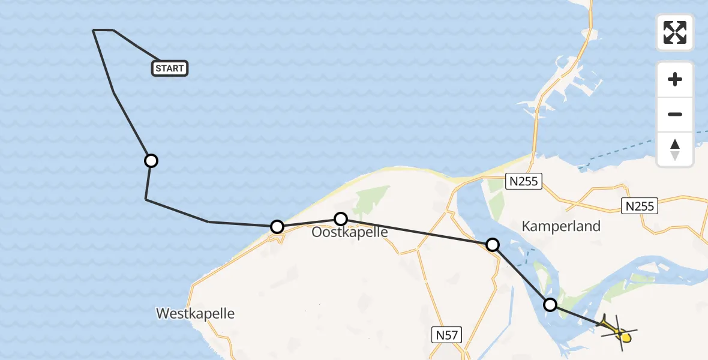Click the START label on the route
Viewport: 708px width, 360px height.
pyautogui.click(x=170, y=68)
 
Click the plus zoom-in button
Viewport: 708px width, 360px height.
pyautogui.click(x=675, y=79)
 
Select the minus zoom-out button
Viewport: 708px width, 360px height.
pyautogui.click(x=675, y=114)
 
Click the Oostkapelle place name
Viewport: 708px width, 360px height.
pyautogui.click(x=349, y=232)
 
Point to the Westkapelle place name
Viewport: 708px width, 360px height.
pyautogui.click(x=195, y=313)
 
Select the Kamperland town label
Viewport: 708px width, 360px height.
pyautogui.click(x=561, y=226)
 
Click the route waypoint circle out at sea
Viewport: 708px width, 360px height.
pyautogui.click(x=151, y=161)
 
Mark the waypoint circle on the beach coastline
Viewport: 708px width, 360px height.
pyautogui.click(x=277, y=226)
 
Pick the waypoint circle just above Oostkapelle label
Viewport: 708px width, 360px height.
pyautogui.click(x=340, y=218)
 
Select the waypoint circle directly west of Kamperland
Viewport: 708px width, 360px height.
pyautogui.click(x=492, y=244)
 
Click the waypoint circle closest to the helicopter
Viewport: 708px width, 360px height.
pyautogui.click(x=550, y=305)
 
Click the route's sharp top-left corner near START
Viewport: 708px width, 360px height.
pyautogui.click(x=94, y=30)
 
